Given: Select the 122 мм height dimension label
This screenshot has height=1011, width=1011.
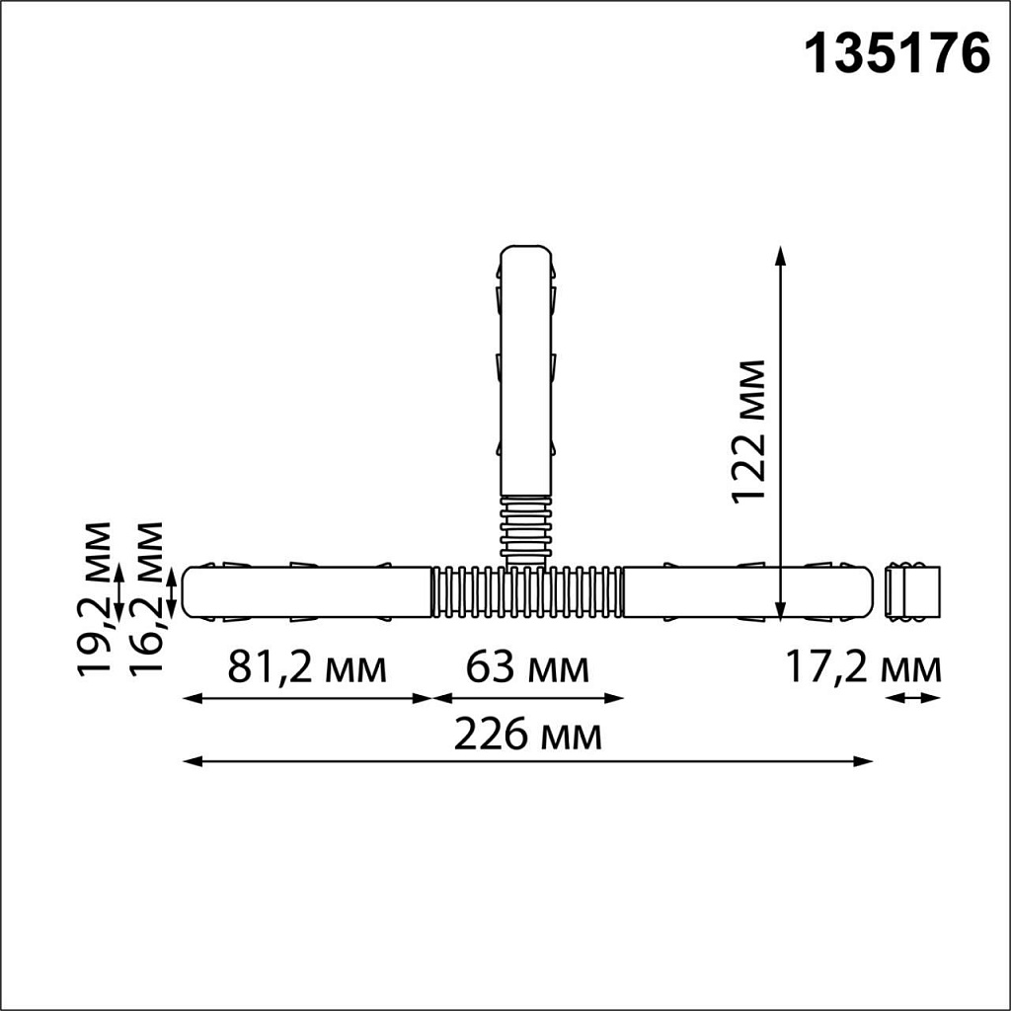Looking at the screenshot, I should coord(750,431).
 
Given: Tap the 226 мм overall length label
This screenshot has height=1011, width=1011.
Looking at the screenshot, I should coord(527,736).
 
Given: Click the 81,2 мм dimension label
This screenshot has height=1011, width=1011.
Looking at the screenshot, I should coord(307,668).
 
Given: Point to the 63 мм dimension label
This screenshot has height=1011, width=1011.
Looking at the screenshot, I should coord(527,668).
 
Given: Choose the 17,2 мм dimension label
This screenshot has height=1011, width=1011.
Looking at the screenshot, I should coord(863,668).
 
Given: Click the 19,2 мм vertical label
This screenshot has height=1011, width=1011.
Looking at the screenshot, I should coord(97,597).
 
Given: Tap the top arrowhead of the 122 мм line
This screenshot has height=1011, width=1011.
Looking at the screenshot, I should coord(781,254).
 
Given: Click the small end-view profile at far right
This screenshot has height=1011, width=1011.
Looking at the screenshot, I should coord(912,592).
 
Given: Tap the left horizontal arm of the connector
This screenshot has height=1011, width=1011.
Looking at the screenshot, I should coord(307,592).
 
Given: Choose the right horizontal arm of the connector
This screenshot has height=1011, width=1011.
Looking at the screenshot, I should coord(748,592).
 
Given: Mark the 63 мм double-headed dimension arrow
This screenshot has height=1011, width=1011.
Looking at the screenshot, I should coord(528,699).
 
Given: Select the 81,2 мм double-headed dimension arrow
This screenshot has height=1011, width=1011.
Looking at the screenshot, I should coord(308,699).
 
